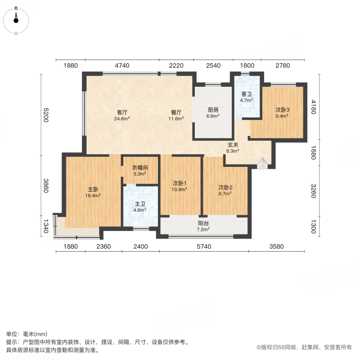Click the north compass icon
[16, 19]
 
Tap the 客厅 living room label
[122, 112]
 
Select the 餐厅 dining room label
[176, 112]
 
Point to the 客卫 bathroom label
[246, 94]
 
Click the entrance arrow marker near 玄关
[262, 162]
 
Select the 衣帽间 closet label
[140, 168]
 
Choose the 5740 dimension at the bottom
[204, 246]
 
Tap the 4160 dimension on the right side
[313, 107]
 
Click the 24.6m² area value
[122, 118]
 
